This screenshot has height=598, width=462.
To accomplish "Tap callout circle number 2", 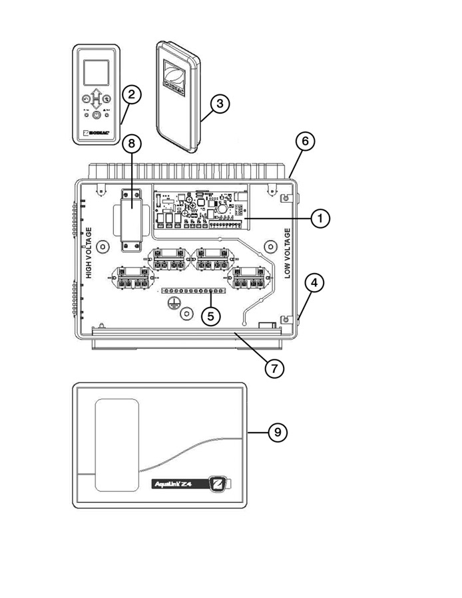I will pyautogui.click(x=130, y=94).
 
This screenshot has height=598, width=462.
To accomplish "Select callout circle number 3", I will pyautogui.click(x=220, y=104).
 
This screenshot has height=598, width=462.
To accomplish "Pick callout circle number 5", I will pyautogui.click(x=211, y=316).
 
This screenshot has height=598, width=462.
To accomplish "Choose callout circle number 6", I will pyautogui.click(x=304, y=142).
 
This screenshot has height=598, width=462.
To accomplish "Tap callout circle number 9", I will pyautogui.click(x=278, y=433).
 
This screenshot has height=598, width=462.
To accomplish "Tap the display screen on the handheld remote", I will pyautogui.click(x=97, y=71).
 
